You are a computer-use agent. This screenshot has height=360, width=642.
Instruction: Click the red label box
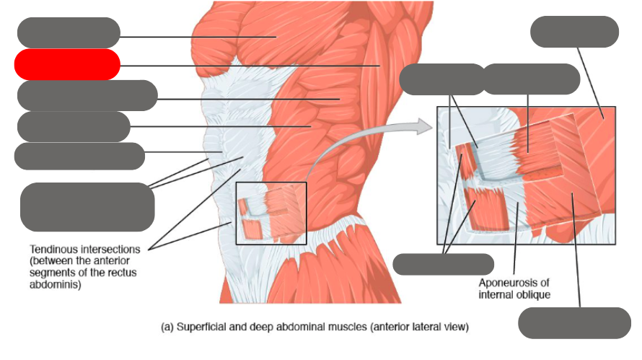pos(67,64)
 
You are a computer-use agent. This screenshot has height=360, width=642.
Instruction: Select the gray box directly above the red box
pos(69,32)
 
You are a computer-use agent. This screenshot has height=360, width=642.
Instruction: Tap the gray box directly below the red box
pos(87,95)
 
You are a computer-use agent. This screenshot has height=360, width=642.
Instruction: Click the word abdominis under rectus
pos(51,284)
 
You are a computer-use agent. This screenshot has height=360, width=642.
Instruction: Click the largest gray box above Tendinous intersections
pos(87,207)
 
